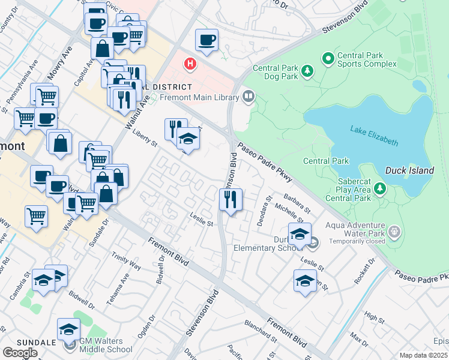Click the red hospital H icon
(x=190, y=63)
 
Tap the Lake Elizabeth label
(x=374, y=135)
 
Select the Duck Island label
(x=409, y=170)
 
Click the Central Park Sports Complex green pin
(x=328, y=59)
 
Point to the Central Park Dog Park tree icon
(x=307, y=72)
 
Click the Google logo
(x=20, y=352)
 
